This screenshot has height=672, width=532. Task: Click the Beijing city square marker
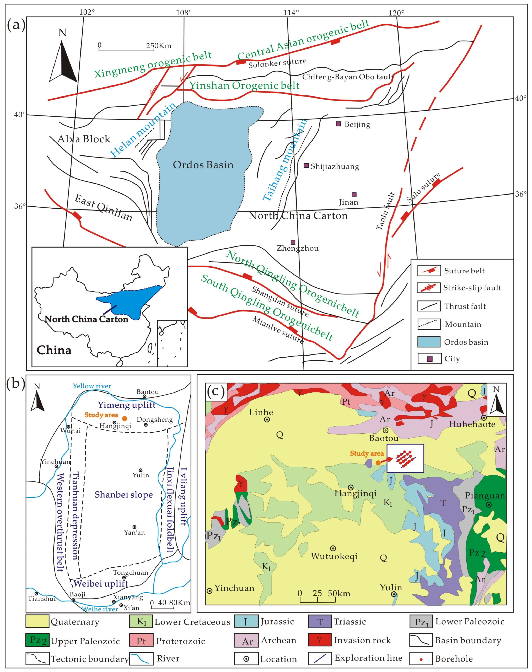(338, 124)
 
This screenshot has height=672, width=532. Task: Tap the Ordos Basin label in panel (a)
(203, 165)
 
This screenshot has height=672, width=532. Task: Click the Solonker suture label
(277, 63)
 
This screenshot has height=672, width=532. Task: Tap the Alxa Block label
(84, 139)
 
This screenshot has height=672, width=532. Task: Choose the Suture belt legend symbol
(429, 271)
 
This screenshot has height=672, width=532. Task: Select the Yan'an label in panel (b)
(135, 532)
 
